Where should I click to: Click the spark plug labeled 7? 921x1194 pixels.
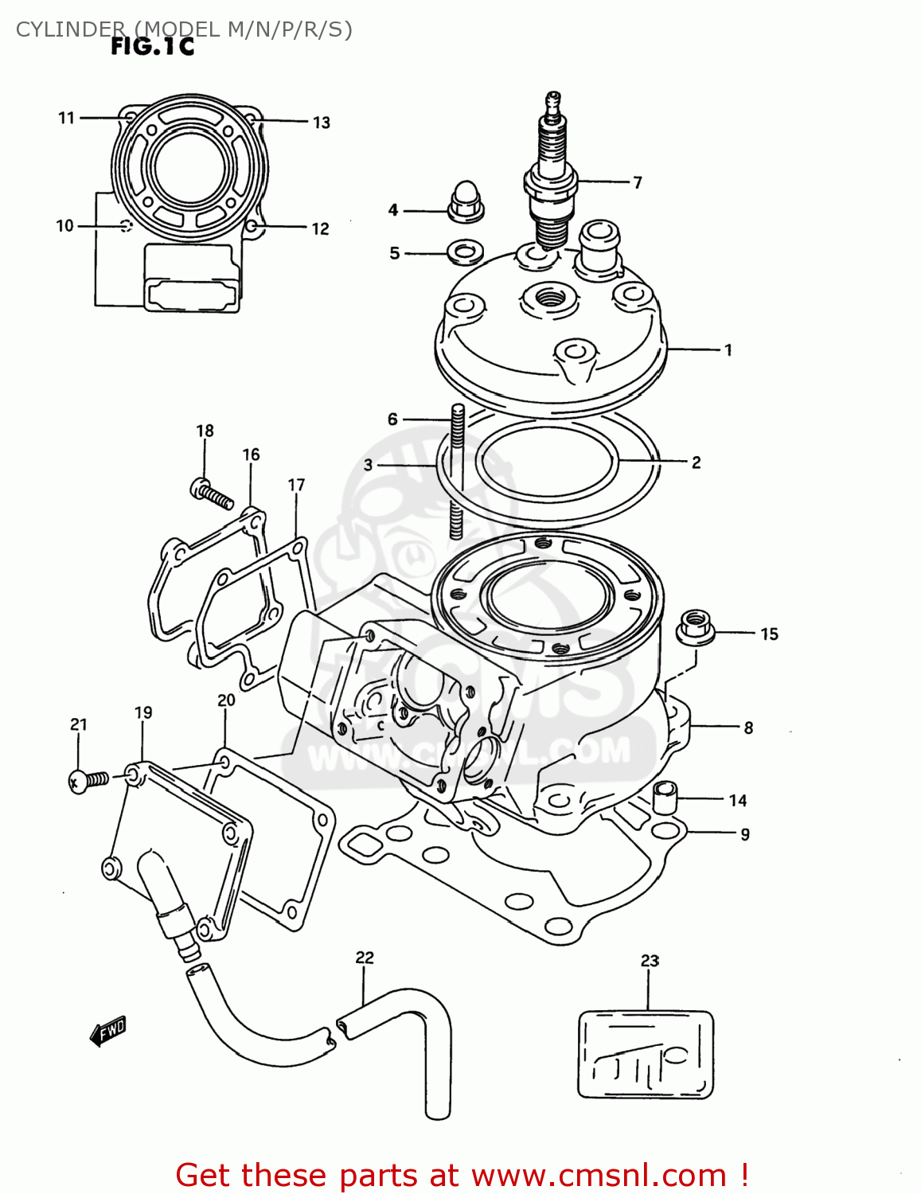pos(550,175)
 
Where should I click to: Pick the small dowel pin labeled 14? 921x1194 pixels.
pos(665,798)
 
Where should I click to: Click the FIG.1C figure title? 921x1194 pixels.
pos(152,47)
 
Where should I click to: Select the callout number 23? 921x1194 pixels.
pos(650,961)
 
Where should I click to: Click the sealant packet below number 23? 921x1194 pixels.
pos(645,1055)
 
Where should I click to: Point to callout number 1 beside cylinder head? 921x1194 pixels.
pos(728,349)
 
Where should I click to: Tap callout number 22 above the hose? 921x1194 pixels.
pos(365,958)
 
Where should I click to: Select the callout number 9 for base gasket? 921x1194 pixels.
pos(745,834)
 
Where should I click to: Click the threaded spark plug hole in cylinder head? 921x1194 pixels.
pos(550,300)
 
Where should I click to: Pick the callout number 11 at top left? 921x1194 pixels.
pos(66,118)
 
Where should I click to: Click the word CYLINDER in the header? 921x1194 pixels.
pos(70,29)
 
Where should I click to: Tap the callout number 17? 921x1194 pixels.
pos(296,485)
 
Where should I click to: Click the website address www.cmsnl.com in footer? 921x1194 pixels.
pos(599,1176)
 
